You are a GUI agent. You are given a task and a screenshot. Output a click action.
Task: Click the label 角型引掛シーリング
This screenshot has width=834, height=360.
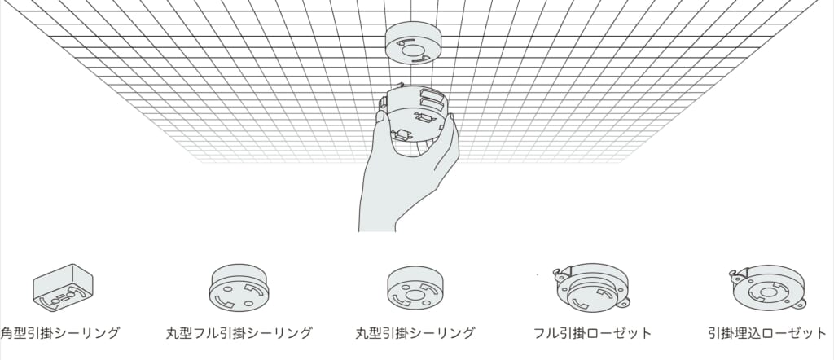60,333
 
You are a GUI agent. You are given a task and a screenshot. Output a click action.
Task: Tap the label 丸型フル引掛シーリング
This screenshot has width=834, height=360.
239,333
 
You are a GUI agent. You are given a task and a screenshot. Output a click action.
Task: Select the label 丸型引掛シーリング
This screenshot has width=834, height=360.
415,333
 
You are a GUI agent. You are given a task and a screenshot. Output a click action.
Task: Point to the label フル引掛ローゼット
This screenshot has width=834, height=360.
593,333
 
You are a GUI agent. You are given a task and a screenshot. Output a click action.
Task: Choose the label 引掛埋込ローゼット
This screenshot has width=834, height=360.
767,333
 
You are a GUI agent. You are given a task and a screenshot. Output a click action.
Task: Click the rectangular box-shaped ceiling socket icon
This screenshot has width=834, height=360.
63,288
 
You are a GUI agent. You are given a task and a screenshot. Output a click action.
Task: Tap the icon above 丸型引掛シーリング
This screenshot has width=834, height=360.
415,288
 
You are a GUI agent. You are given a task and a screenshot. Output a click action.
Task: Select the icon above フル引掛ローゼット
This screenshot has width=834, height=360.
592,288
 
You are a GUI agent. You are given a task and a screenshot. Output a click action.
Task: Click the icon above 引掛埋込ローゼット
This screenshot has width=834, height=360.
767,288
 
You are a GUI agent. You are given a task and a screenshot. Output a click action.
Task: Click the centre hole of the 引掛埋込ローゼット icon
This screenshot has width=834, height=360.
767,292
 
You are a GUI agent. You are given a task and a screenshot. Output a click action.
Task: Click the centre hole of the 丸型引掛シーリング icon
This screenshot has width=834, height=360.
413,293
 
